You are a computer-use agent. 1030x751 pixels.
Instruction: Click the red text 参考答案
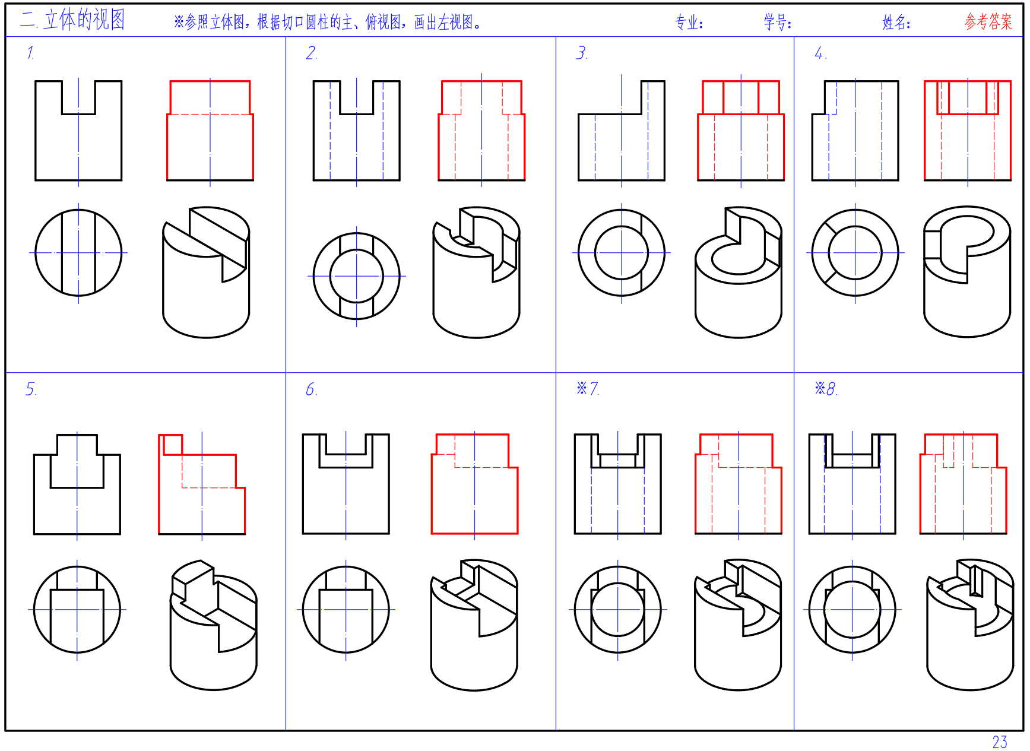coord(988,22)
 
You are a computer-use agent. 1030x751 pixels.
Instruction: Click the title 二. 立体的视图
coord(72,20)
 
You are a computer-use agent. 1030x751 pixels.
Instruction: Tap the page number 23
coord(1000,742)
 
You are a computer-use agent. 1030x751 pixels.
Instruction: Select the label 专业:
coord(689,23)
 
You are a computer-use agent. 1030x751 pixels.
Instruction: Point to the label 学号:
coord(778,23)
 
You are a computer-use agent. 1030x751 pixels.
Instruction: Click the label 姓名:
coord(896,23)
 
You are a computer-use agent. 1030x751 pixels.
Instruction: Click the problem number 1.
coord(31,53)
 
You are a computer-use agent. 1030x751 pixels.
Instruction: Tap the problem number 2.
coord(312,53)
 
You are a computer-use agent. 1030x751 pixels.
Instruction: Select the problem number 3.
coord(582,53)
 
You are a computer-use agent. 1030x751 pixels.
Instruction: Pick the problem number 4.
coord(820,53)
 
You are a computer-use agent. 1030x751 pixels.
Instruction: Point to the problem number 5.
coord(31,389)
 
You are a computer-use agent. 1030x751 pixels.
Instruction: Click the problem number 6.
coord(312,389)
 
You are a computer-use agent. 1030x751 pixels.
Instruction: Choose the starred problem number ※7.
coord(588,389)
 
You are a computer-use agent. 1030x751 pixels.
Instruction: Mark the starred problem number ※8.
coord(826,389)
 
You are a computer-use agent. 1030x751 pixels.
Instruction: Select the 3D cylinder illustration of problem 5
coord(214,625)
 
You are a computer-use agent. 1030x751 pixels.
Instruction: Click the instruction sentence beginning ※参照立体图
coord(327,23)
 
